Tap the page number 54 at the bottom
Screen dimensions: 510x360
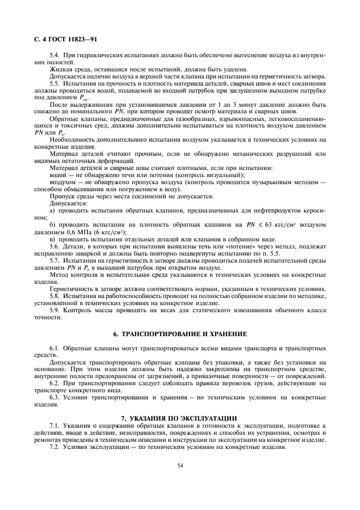(179, 465)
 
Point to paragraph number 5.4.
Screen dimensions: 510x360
(55, 57)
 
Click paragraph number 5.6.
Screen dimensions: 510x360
(55, 246)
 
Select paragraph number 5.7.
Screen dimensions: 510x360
(55, 260)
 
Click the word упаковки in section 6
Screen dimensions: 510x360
(231, 361)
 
